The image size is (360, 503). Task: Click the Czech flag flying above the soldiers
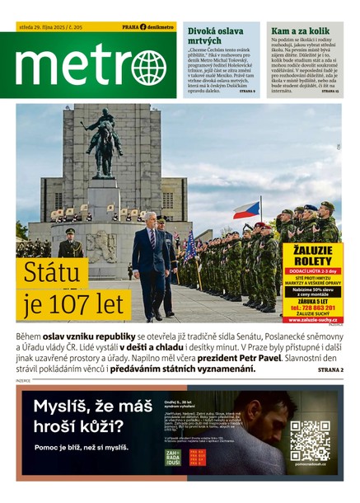(x=246, y=209)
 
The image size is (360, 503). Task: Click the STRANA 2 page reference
(x=330, y=369)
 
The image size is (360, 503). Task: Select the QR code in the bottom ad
(x=310, y=440)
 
